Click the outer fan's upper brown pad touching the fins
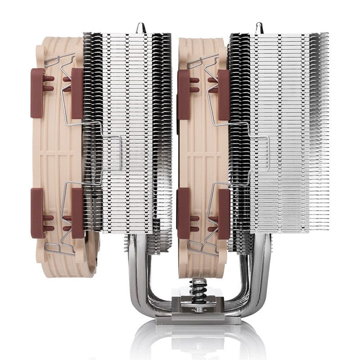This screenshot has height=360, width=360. click(x=77, y=94)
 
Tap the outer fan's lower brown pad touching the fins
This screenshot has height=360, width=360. click(x=77, y=214)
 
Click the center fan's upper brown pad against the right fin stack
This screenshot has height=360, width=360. click(x=224, y=94)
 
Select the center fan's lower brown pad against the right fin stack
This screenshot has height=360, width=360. click(x=224, y=214)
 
